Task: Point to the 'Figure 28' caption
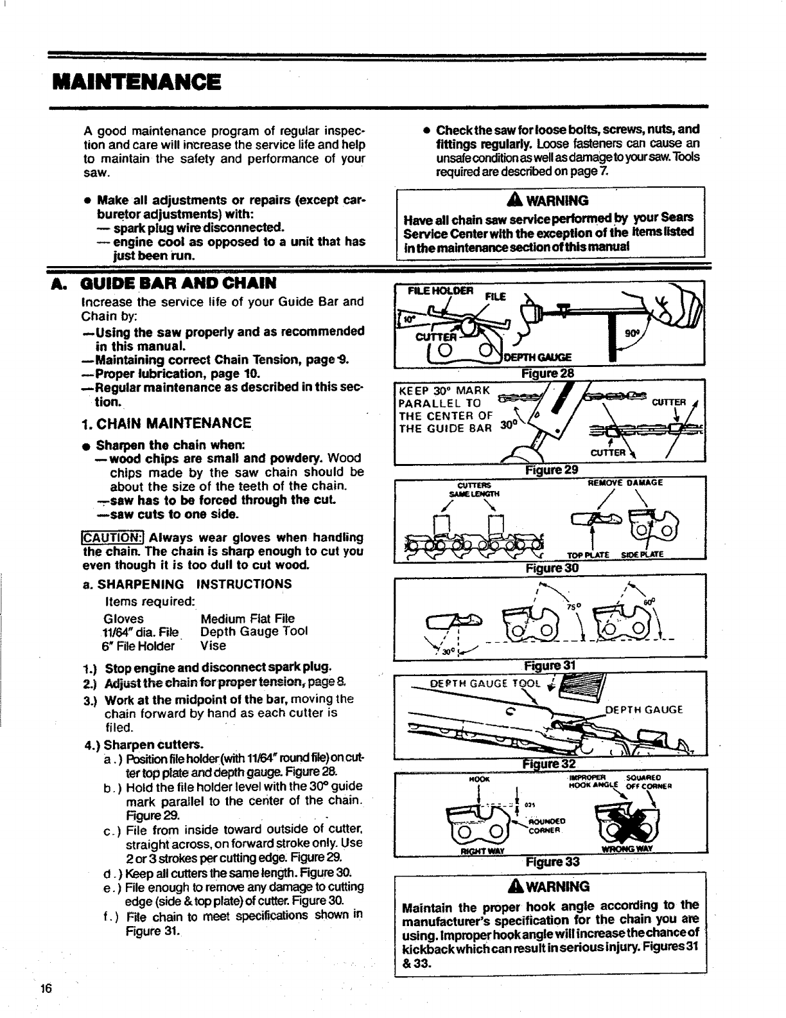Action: pos(549,374)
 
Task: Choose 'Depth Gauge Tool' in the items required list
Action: pos(254,632)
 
